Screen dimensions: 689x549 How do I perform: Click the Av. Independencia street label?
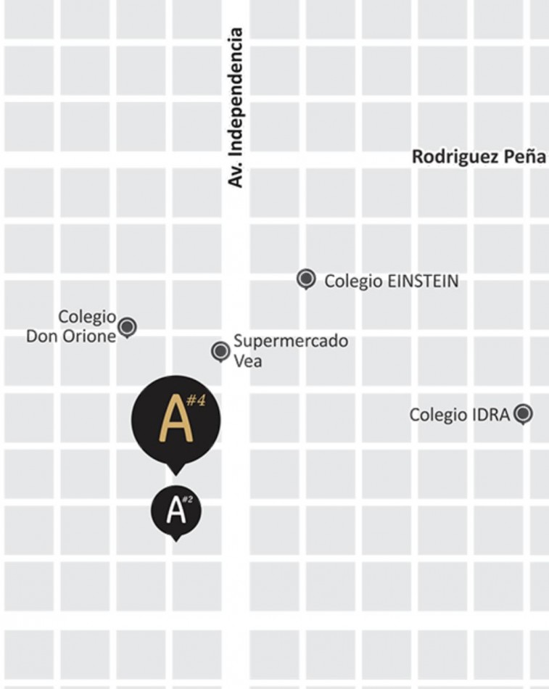pos(236,107)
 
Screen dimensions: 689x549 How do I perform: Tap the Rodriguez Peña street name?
pos(479,157)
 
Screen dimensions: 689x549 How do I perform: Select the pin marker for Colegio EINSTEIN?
pos(307,279)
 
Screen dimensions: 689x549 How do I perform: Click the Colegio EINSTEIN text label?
pos(391,281)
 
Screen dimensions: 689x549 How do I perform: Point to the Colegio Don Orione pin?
pos(128,327)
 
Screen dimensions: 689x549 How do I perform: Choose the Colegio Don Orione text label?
pos(71,327)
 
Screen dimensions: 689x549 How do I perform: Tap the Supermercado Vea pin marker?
pos(220,351)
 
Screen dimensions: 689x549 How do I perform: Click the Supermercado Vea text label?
pos(290,350)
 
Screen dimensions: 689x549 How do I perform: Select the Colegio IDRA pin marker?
pos(523,414)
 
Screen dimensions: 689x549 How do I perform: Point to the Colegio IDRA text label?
pos(460,415)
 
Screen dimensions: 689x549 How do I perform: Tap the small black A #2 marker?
pos(176,510)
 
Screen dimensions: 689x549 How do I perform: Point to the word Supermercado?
pos(291,341)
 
